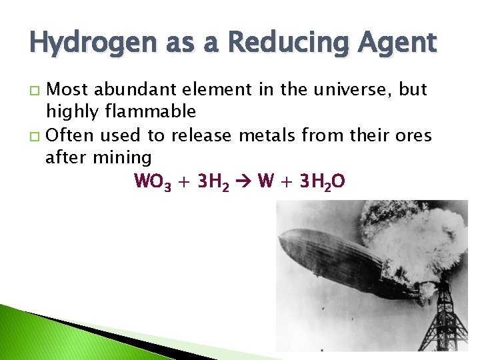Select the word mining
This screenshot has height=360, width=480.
121,157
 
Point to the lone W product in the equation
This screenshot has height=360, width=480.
265,181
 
